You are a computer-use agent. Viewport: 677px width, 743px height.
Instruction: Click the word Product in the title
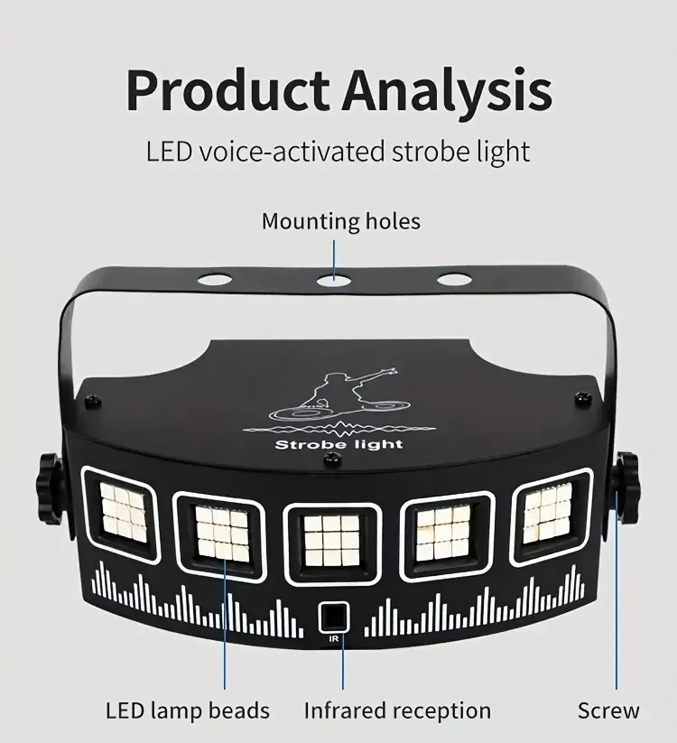pos(227,90)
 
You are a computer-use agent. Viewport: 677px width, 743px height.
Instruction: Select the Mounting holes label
pos(340,220)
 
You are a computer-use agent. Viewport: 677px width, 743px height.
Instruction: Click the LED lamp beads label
pos(188,710)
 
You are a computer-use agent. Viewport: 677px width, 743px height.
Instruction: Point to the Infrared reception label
pos(397,710)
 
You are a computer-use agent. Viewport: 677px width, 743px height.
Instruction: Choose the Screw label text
pos(608,710)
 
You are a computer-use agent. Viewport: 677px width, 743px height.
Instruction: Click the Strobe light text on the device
pos(338,444)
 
